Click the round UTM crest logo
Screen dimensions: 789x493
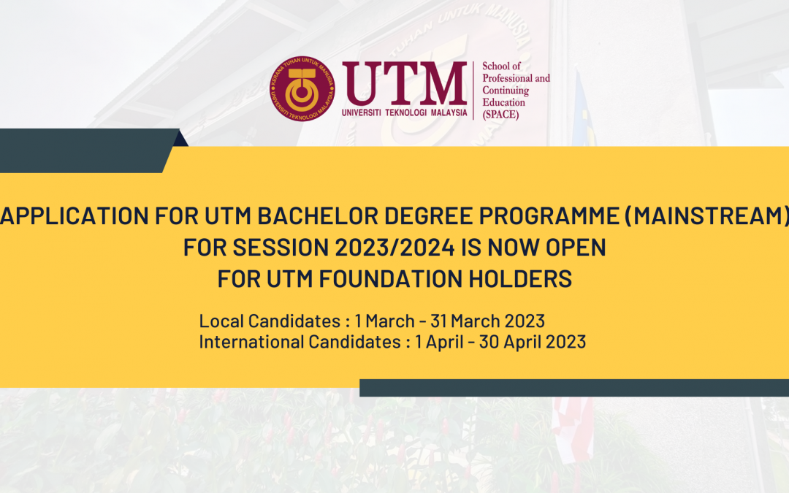(302, 88)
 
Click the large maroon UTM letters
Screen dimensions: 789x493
(405, 83)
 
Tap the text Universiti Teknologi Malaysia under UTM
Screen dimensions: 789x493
(405, 112)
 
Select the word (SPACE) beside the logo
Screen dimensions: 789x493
(500, 115)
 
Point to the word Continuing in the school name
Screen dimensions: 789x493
(506, 91)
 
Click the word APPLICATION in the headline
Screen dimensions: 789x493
(75, 215)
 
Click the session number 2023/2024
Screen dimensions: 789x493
(395, 248)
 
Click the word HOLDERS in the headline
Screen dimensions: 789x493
(520, 279)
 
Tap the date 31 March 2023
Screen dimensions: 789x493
(487, 321)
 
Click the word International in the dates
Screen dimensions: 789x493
(251, 342)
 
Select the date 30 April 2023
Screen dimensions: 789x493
(533, 342)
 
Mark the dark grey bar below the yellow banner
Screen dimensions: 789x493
(574, 388)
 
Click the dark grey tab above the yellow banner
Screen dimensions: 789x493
(90, 150)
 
